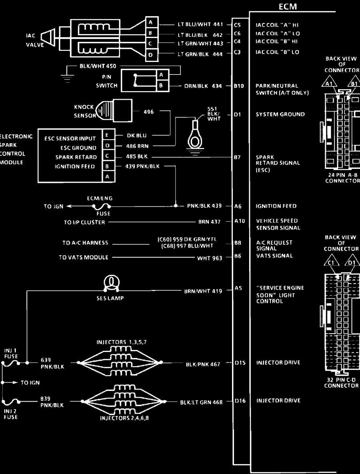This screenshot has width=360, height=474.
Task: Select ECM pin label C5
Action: tap(237, 25)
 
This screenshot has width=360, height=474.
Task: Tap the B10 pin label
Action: tap(239, 86)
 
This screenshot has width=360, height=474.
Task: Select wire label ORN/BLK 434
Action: tap(203, 86)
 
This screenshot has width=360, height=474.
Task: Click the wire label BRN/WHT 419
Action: tap(203, 291)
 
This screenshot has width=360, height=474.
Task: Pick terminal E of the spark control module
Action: tap(108, 136)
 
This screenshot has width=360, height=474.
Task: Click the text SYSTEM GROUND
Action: tap(280, 114)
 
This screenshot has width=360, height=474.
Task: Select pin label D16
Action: tap(240, 401)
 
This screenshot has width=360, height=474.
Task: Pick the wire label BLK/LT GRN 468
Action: tap(201, 402)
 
